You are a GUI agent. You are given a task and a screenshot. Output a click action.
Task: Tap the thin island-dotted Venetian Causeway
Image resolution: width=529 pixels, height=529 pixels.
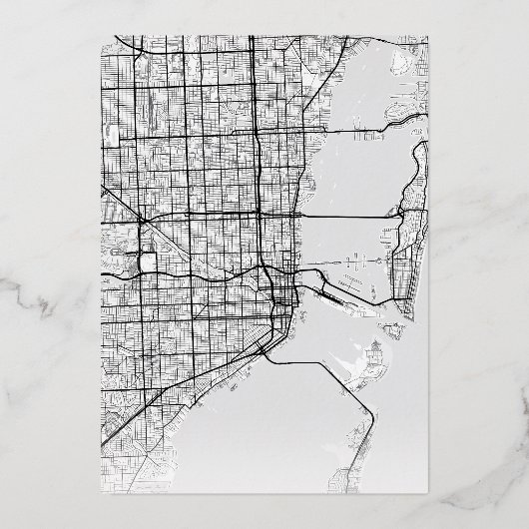pos(349,262)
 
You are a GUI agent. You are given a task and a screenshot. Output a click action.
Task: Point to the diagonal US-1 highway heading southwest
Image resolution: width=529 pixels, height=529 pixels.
pos(200,389)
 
